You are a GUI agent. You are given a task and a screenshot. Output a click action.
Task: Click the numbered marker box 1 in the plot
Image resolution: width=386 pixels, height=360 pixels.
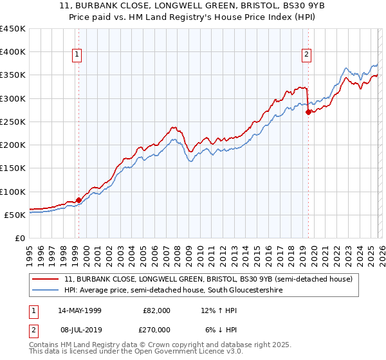[x=77, y=55]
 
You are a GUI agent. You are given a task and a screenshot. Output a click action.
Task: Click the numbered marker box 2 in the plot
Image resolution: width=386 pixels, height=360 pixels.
[x=306, y=55]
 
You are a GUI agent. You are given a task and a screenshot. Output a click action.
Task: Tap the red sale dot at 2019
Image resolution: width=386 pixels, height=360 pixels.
[x=308, y=112]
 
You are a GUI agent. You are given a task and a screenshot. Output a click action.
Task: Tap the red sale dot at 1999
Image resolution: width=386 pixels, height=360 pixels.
[x=78, y=200]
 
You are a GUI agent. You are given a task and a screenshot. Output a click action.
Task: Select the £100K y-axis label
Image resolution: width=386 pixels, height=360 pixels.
[x=13, y=192]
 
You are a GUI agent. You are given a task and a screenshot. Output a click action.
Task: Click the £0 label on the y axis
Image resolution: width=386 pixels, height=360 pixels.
[x=19, y=238]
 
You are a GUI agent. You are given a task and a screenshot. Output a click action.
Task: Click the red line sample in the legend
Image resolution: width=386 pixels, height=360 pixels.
[x=46, y=280]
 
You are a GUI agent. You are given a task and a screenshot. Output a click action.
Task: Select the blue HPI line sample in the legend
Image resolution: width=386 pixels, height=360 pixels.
[x=46, y=291]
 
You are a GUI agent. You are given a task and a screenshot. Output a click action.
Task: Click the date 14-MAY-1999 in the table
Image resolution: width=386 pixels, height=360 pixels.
[x=81, y=310]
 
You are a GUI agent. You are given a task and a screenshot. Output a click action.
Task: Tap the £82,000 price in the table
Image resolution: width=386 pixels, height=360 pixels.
[x=156, y=310]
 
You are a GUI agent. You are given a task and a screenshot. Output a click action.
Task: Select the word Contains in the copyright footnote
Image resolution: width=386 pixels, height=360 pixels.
[x=44, y=346]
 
